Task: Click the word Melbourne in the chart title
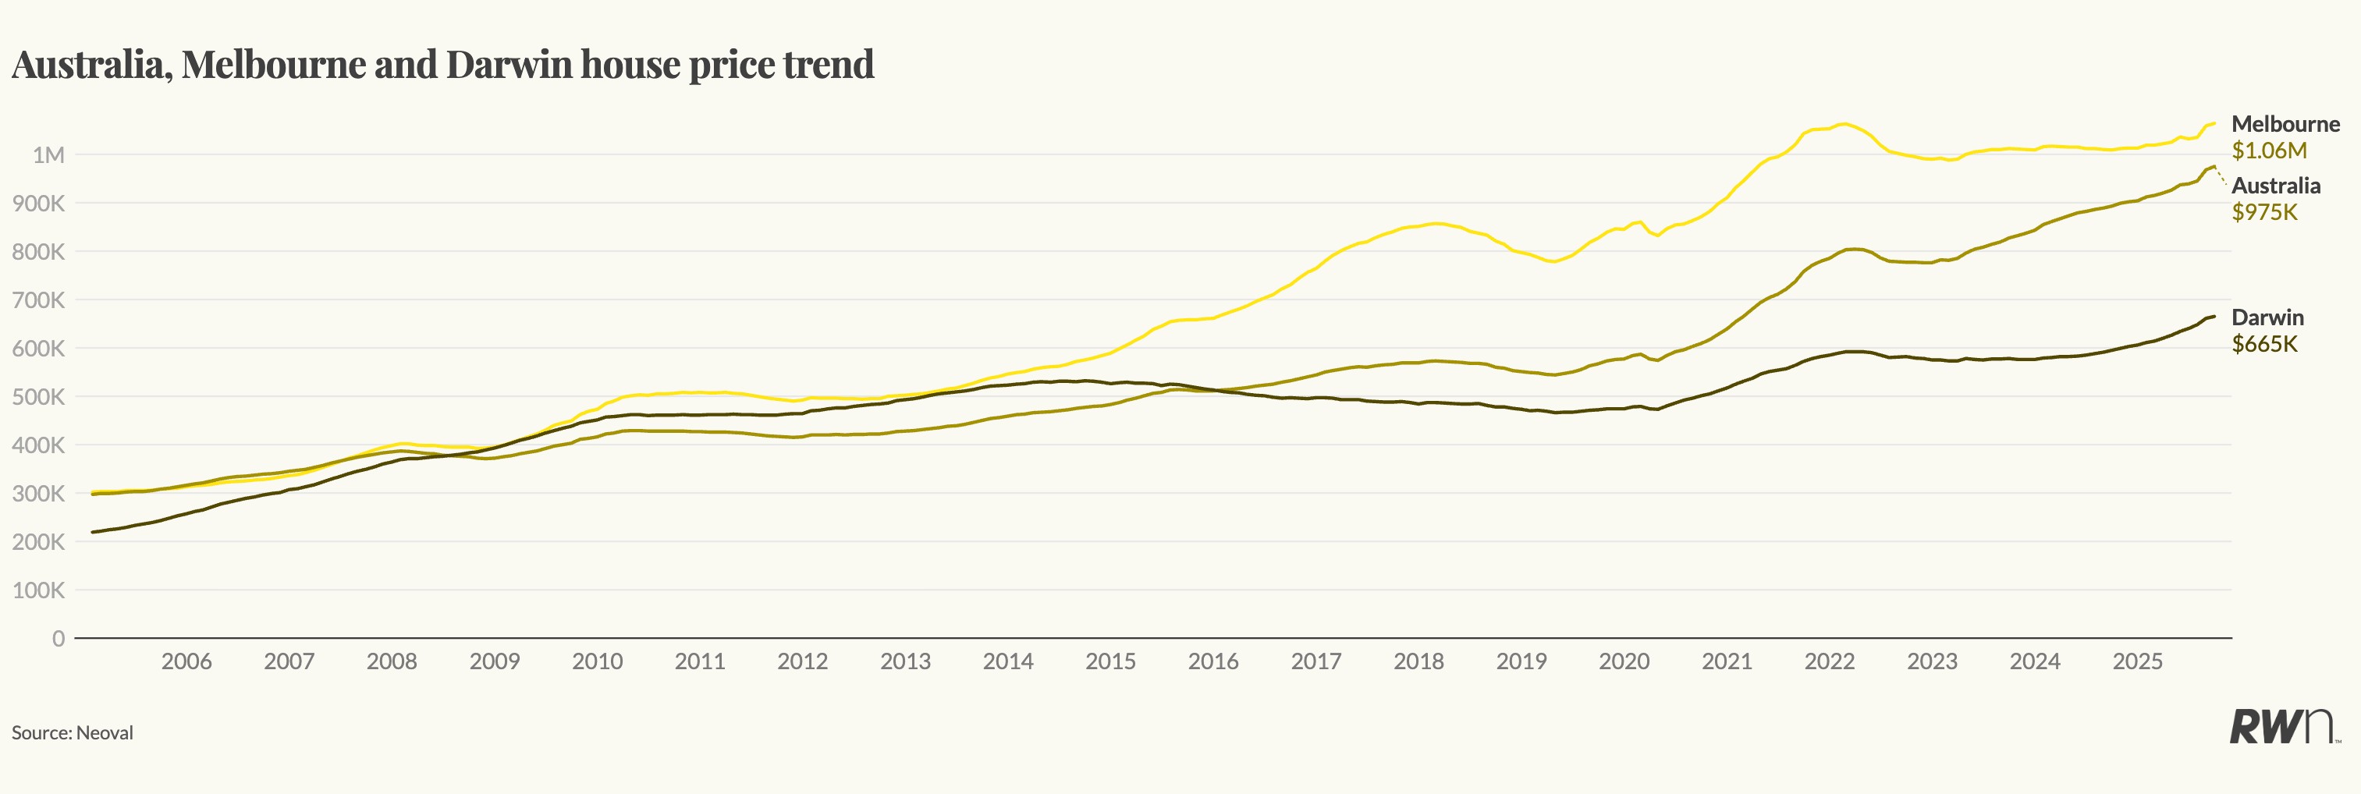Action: pyautogui.click(x=273, y=64)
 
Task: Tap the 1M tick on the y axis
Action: pyautogui.click(x=48, y=154)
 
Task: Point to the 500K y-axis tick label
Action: pyautogui.click(x=38, y=396)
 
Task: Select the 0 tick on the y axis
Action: pyautogui.click(x=59, y=638)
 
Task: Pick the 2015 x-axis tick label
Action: pyautogui.click(x=1111, y=661)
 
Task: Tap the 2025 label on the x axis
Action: pyautogui.click(x=2137, y=661)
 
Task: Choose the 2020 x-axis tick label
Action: pyautogui.click(x=1624, y=661)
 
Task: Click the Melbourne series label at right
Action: pyautogui.click(x=2285, y=124)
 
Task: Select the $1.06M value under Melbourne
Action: pyautogui.click(x=2268, y=151)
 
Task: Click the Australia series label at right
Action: pyautogui.click(x=2276, y=186)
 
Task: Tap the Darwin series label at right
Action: pyautogui.click(x=2267, y=317)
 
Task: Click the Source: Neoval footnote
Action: pyautogui.click(x=73, y=732)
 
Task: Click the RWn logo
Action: pyautogui.click(x=2282, y=726)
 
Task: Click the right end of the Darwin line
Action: pyautogui.click(x=2214, y=317)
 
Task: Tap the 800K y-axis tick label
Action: pyautogui.click(x=38, y=252)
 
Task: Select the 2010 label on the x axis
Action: pyautogui.click(x=597, y=661)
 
